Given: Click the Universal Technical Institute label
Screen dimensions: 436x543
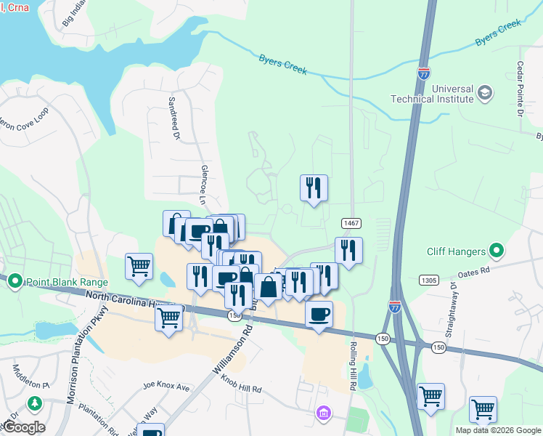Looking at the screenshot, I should (x=432, y=93).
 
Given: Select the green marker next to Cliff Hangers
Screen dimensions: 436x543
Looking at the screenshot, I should (x=497, y=251).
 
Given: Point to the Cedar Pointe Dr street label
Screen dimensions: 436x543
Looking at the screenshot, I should (x=520, y=88).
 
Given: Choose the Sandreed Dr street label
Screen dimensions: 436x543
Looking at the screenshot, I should (x=173, y=116).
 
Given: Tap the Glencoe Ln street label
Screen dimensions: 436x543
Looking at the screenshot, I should (x=204, y=187).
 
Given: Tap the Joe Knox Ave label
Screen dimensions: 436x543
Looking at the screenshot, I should (x=166, y=386).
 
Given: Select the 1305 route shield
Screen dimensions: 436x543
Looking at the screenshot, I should (x=430, y=280).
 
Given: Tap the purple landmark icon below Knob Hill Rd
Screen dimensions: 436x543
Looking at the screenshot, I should (x=323, y=413).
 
